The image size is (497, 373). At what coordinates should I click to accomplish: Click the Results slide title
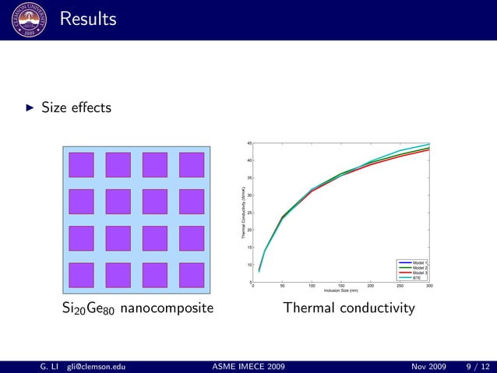[x=87, y=18]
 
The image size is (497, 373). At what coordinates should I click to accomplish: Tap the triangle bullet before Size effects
[x=30, y=107]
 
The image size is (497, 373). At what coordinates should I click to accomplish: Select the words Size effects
[x=76, y=107]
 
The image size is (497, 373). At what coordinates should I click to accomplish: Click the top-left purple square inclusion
[x=81, y=164]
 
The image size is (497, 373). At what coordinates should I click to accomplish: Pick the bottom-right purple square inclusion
[x=191, y=274]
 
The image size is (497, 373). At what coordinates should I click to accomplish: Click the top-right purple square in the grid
[x=191, y=164]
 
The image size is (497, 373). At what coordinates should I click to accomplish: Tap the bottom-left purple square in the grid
[x=81, y=274]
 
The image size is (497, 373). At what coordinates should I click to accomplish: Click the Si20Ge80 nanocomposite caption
[x=137, y=309]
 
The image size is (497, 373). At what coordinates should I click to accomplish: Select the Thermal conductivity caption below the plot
[x=348, y=309]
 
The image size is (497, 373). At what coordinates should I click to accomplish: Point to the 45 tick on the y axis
[x=248, y=143]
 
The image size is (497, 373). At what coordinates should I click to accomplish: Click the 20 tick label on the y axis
[x=248, y=230]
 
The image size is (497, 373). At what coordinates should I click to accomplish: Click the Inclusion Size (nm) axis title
[x=340, y=291]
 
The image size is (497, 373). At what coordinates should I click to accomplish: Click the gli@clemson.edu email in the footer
[x=96, y=365]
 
